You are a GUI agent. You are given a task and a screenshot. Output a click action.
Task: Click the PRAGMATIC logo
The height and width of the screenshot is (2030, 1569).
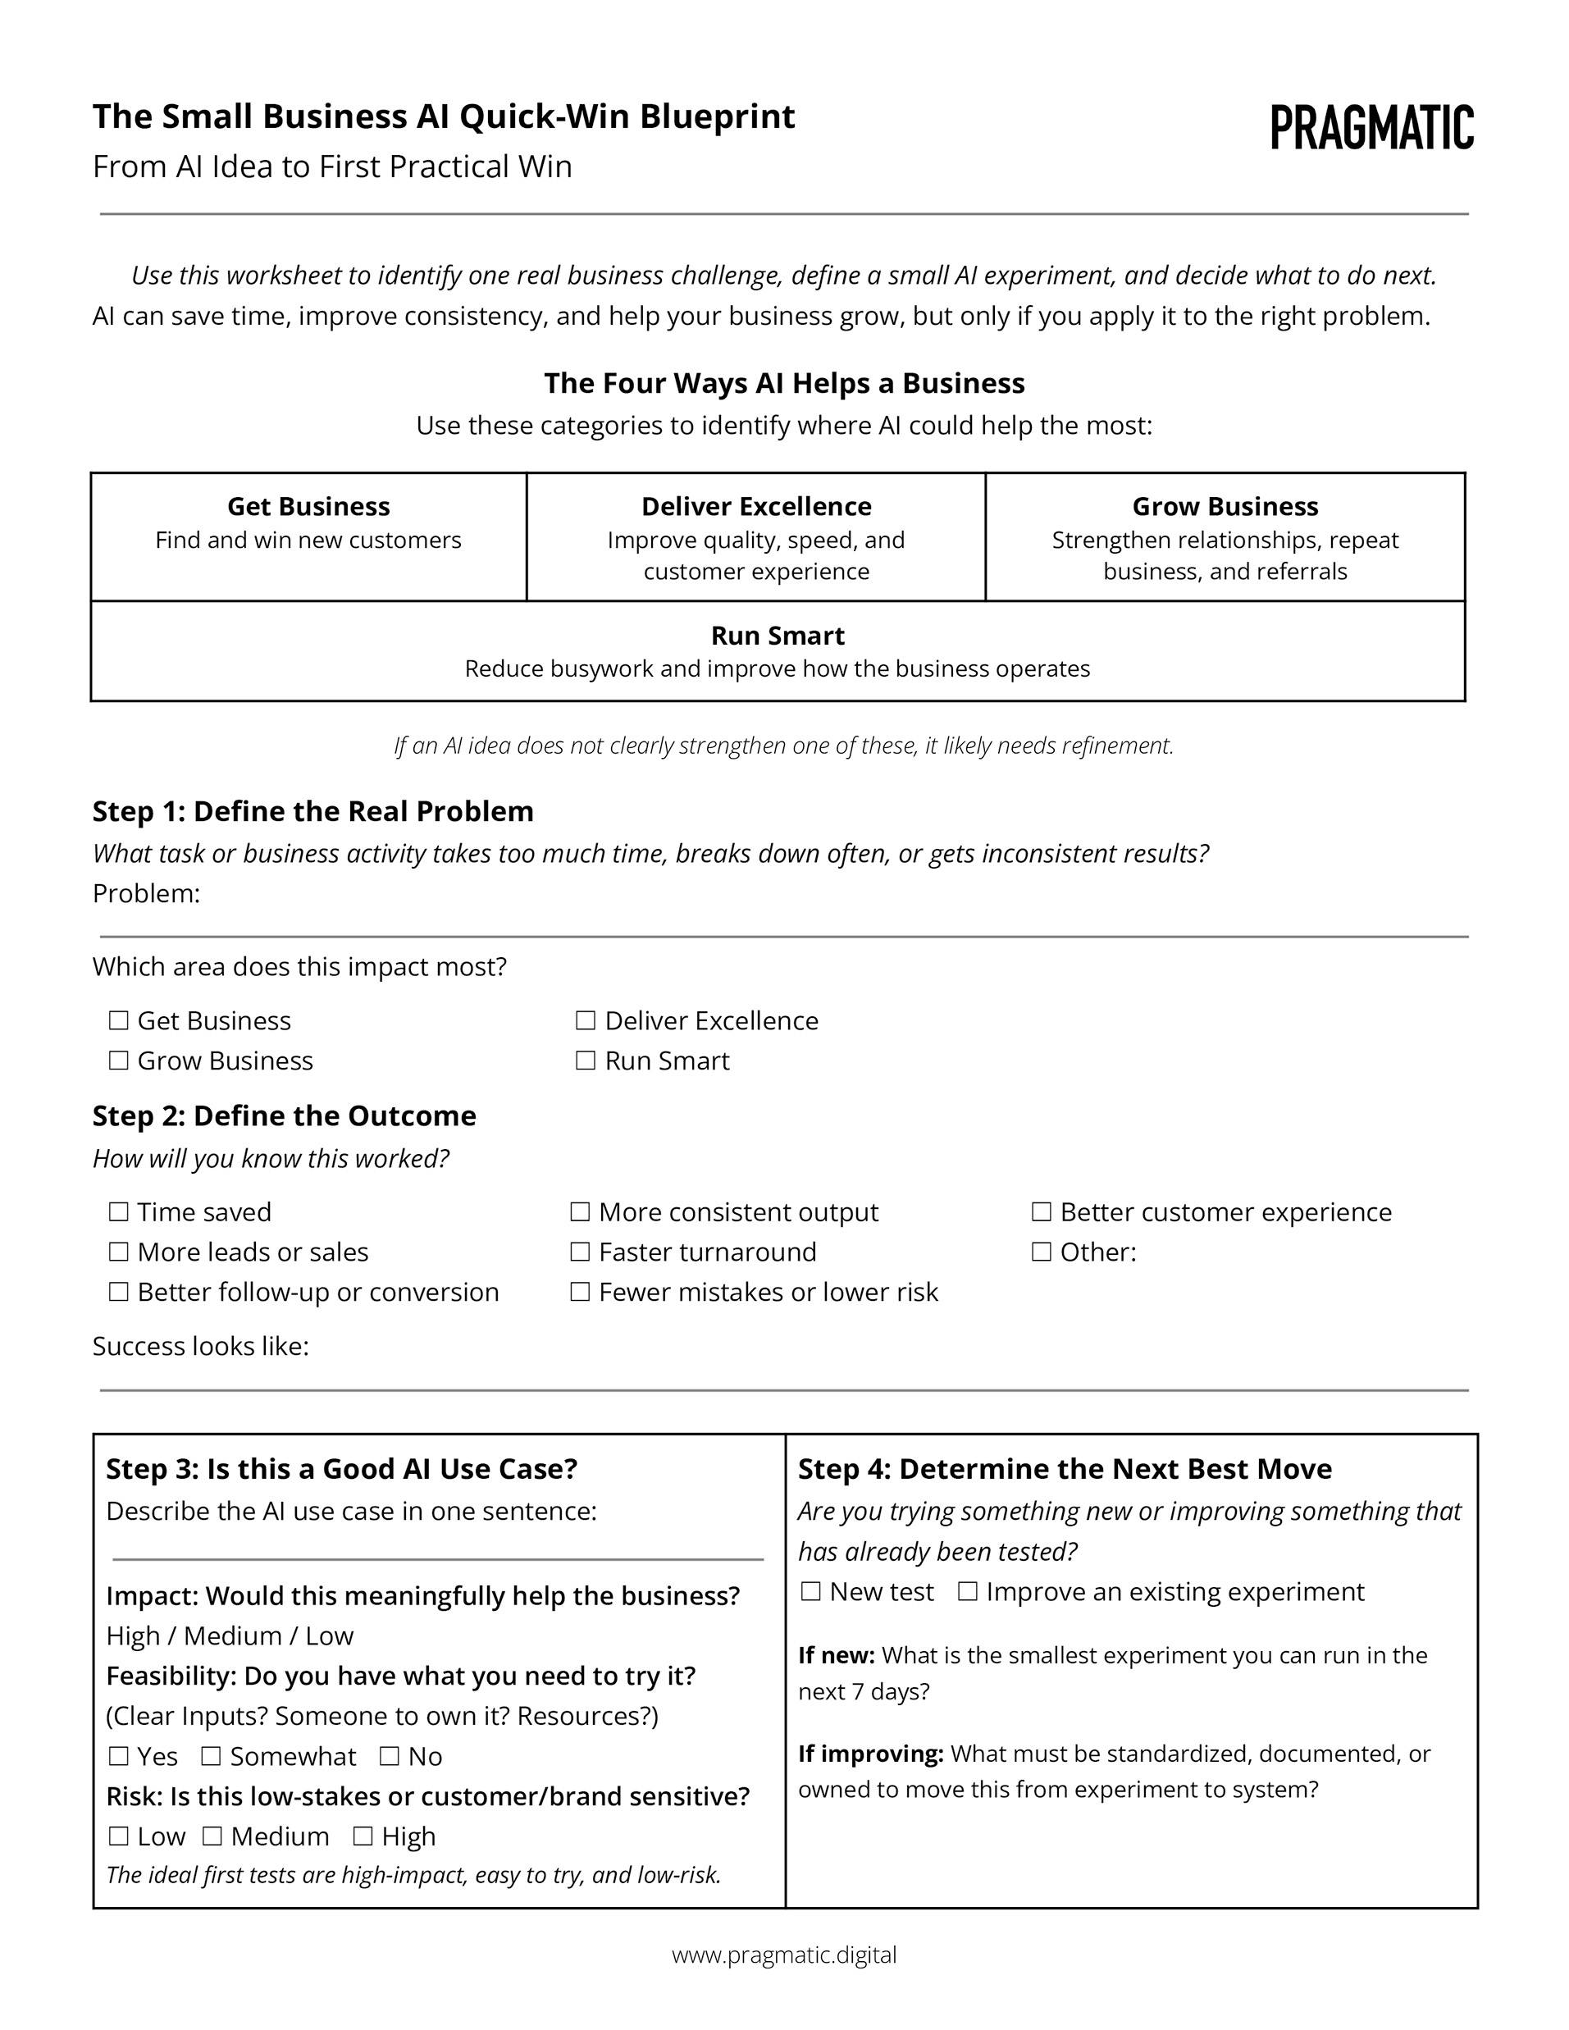1372,127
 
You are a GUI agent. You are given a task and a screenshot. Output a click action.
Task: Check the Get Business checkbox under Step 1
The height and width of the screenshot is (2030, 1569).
118,1020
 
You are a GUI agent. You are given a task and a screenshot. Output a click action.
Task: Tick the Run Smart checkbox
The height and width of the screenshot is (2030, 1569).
586,1061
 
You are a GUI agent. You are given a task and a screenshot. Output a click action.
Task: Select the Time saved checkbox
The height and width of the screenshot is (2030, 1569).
118,1212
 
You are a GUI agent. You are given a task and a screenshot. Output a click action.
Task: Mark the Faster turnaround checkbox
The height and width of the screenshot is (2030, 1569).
580,1252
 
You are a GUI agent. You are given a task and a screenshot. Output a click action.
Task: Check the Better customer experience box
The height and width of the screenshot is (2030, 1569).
1041,1212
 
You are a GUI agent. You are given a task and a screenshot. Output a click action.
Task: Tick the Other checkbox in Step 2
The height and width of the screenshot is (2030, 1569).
1041,1252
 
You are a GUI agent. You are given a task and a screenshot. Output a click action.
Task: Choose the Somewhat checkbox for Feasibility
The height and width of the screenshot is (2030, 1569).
211,1756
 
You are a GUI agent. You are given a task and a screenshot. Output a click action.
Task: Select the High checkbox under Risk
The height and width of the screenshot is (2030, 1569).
363,1836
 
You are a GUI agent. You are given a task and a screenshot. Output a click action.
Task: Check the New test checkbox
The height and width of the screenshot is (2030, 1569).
811,1591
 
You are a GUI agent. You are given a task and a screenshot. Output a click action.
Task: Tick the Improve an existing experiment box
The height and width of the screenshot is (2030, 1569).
968,1591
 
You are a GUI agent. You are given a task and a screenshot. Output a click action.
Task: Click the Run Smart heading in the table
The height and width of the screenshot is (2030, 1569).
777,636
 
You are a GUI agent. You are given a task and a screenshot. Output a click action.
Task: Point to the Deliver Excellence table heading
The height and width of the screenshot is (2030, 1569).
755,507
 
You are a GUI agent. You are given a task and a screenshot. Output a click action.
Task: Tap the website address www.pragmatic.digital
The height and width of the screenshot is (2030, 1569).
783,1955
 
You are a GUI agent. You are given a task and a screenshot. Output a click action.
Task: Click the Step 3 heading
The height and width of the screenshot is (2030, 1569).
341,1469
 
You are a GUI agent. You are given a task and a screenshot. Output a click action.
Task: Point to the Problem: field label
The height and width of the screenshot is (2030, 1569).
146,893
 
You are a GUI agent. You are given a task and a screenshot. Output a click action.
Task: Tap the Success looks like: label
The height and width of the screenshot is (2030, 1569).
200,1346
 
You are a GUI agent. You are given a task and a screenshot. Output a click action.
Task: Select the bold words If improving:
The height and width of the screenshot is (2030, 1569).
870,1753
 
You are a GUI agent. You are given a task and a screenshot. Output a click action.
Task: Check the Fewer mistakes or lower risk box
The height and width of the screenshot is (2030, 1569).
580,1292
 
